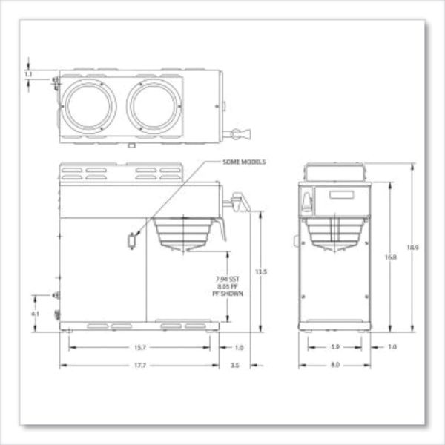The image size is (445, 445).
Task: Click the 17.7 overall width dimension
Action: pyautogui.click(x=139, y=365)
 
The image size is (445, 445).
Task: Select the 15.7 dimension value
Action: pyautogui.click(x=139, y=347)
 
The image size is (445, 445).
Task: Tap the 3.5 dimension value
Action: pyautogui.click(x=236, y=365)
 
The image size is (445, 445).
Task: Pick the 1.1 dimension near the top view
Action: pyautogui.click(x=28, y=74)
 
